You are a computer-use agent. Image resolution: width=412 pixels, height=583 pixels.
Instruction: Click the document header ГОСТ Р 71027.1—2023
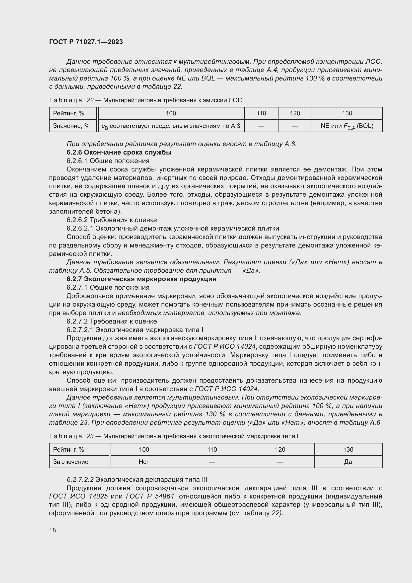[x=86, y=42]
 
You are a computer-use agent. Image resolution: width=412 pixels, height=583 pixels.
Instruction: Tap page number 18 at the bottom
[x=53, y=530]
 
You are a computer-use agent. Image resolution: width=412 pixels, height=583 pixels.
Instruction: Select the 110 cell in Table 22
[x=261, y=113]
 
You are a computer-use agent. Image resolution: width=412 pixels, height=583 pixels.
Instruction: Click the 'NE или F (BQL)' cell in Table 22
[x=347, y=126]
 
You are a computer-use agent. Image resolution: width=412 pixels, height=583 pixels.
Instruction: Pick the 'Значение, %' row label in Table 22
[x=71, y=126]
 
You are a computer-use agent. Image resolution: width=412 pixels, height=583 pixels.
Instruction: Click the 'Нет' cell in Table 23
[x=144, y=462]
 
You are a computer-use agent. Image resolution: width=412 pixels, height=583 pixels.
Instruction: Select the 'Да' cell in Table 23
[x=348, y=462]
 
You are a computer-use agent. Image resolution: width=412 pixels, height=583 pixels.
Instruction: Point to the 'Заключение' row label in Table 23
[x=70, y=462]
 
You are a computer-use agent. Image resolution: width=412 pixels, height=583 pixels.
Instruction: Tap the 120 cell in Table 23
[x=280, y=450]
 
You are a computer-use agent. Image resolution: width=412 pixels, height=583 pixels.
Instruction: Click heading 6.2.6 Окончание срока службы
[x=119, y=152]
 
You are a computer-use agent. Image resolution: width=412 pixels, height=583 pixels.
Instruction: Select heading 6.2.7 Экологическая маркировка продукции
[x=141, y=279]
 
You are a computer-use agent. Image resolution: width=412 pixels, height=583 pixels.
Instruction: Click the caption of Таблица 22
[x=145, y=100]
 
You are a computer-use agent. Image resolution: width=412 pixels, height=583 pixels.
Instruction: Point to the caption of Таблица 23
[x=174, y=436]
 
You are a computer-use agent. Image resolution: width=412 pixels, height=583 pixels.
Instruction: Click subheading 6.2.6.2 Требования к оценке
[x=112, y=220]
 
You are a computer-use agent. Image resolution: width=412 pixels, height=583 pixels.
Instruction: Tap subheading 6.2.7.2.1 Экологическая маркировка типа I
[x=135, y=330]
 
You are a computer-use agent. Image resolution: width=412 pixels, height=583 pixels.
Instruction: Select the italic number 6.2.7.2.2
[x=80, y=480]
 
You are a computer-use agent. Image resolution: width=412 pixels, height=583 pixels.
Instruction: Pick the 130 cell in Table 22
[x=347, y=113]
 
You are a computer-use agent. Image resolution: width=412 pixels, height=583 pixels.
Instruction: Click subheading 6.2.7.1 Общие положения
[x=108, y=287]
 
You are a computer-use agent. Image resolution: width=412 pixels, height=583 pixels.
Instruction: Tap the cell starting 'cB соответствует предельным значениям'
[x=171, y=126]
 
